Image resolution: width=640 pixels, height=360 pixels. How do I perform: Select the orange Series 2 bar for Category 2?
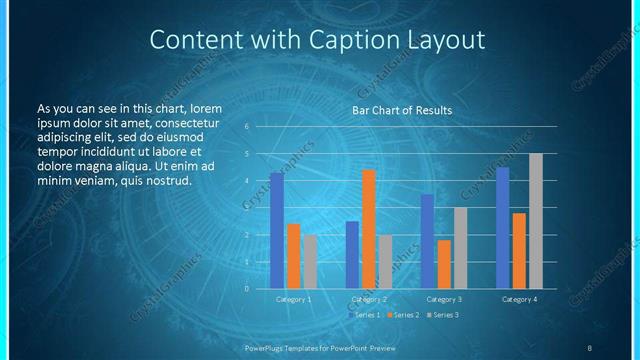coord(369,228)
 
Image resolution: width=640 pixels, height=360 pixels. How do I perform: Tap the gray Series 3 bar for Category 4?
coord(536,220)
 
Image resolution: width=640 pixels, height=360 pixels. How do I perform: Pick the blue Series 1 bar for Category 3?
coord(427,241)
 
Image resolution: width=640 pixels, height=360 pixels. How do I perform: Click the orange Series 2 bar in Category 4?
coord(519,250)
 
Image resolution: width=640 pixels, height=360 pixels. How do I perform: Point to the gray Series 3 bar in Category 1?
coord(310,261)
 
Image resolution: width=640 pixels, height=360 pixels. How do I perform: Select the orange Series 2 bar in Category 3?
coord(444,264)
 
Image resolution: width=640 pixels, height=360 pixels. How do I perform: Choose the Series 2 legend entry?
coord(403,315)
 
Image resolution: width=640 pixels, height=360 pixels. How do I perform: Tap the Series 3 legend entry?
coord(441,315)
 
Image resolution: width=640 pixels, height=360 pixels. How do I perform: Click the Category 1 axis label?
coord(294,299)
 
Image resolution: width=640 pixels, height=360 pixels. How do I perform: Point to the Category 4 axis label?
coord(519,299)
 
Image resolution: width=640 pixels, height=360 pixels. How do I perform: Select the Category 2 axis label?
coord(369,299)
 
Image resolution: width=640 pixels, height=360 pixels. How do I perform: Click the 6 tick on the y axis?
coord(260,127)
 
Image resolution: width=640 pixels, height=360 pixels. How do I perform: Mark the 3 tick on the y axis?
coord(260,208)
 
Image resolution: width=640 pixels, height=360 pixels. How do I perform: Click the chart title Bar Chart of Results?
coord(402,110)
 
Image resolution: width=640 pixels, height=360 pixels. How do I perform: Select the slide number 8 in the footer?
coord(590,348)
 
